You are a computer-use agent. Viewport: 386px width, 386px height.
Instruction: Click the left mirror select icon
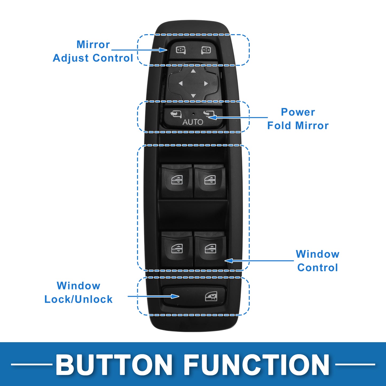[181, 50]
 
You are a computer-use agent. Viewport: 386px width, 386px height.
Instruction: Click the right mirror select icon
[206, 50]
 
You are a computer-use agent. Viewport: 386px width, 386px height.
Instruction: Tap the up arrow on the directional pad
[193, 71]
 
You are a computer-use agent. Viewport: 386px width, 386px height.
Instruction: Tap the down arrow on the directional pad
[193, 96]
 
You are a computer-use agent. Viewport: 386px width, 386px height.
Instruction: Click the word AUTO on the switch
[193, 122]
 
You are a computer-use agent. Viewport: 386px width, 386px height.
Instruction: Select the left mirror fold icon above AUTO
[176, 114]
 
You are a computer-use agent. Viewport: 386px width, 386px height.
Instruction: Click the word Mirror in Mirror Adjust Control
[93, 44]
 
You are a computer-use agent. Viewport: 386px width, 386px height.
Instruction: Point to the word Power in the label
[298, 112]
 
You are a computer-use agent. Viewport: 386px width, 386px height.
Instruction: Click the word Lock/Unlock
[78, 299]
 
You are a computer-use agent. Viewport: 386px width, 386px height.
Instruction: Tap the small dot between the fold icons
[193, 114]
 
